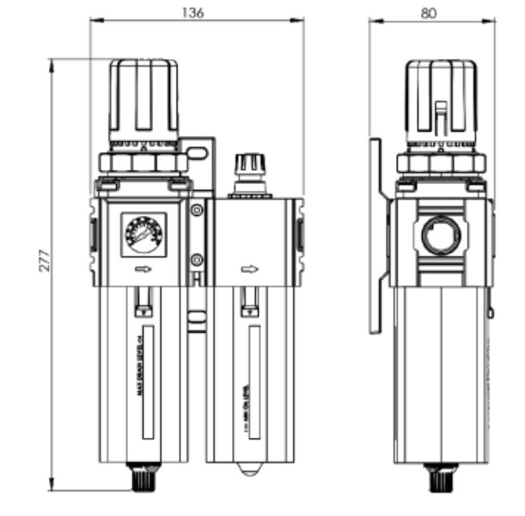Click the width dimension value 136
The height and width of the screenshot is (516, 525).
pos(197,12)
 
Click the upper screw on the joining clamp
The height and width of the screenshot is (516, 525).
pos(197,210)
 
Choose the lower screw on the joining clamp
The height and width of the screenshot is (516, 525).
pos(197,259)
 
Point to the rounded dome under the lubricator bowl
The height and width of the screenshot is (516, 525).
pos(248,470)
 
